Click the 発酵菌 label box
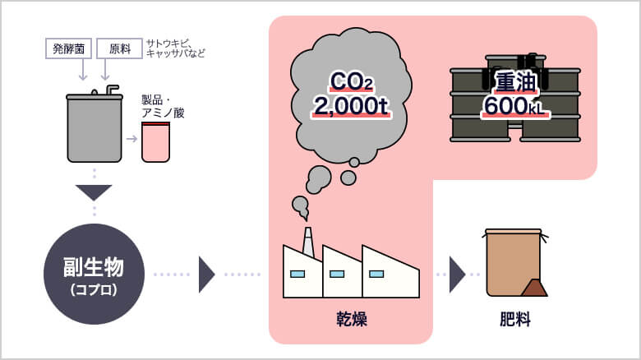(68, 48)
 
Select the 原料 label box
(119, 48)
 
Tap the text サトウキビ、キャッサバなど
(175, 48)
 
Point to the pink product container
(155, 141)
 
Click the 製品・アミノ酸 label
(163, 106)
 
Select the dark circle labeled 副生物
(94, 274)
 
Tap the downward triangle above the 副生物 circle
(94, 192)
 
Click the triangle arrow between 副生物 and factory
(206, 275)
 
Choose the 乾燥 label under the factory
(351, 319)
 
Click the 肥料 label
(515, 319)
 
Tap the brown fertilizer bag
(511, 261)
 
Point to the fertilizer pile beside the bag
(534, 288)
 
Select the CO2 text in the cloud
(351, 81)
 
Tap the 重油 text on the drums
(515, 81)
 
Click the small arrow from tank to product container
(131, 138)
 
